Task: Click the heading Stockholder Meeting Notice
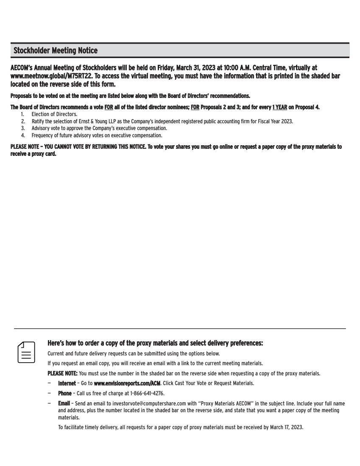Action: point(56,51)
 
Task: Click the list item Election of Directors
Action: point(55,114)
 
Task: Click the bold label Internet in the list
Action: point(67,383)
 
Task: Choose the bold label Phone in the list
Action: point(65,393)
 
